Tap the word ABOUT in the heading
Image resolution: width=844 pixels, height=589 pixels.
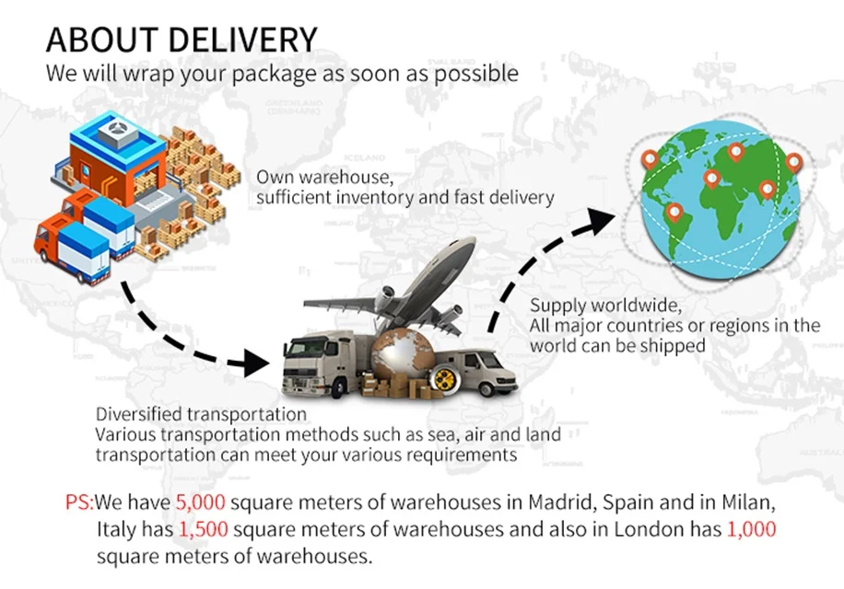coord(92,40)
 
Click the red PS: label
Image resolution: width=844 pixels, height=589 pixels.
coord(79,503)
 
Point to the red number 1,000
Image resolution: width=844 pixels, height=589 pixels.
coord(751,530)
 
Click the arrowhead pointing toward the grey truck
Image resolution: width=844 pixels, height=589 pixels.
coord(259,361)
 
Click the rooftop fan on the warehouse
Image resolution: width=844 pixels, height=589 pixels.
coord(117,134)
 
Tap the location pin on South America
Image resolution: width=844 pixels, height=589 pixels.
coord(674,214)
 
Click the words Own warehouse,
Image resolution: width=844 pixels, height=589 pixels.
coord(312,176)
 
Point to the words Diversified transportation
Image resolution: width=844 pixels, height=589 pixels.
coord(201,414)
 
